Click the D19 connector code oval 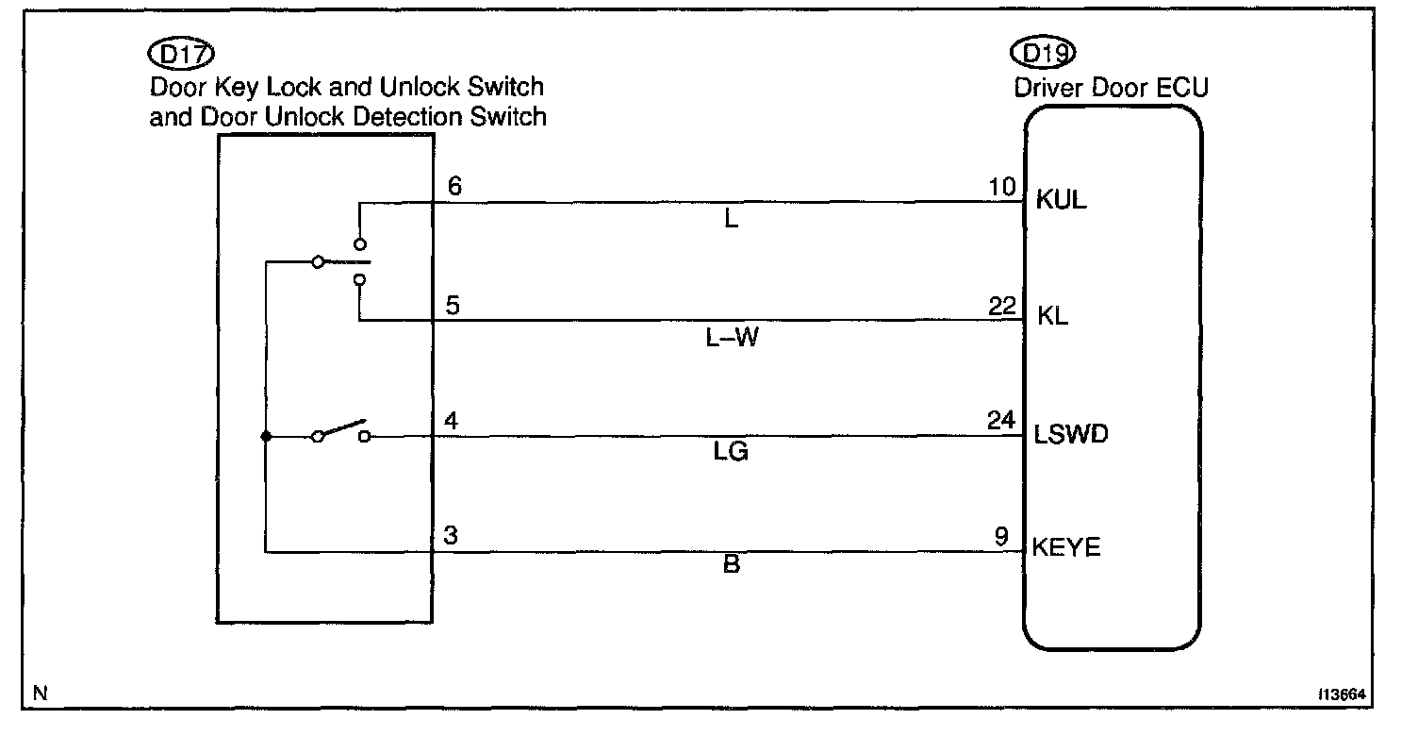(x=1042, y=55)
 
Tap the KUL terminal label (x=1062, y=200)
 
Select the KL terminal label (x=1051, y=316)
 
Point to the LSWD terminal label (x=1071, y=435)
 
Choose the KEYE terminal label (x=1066, y=547)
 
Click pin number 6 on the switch (x=454, y=187)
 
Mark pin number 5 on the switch (x=453, y=306)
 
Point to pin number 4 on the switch (x=453, y=421)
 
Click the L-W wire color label (x=732, y=339)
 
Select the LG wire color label (x=731, y=454)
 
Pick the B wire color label (x=731, y=567)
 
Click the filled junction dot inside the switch (x=267, y=437)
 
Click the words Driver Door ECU (x=1111, y=89)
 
